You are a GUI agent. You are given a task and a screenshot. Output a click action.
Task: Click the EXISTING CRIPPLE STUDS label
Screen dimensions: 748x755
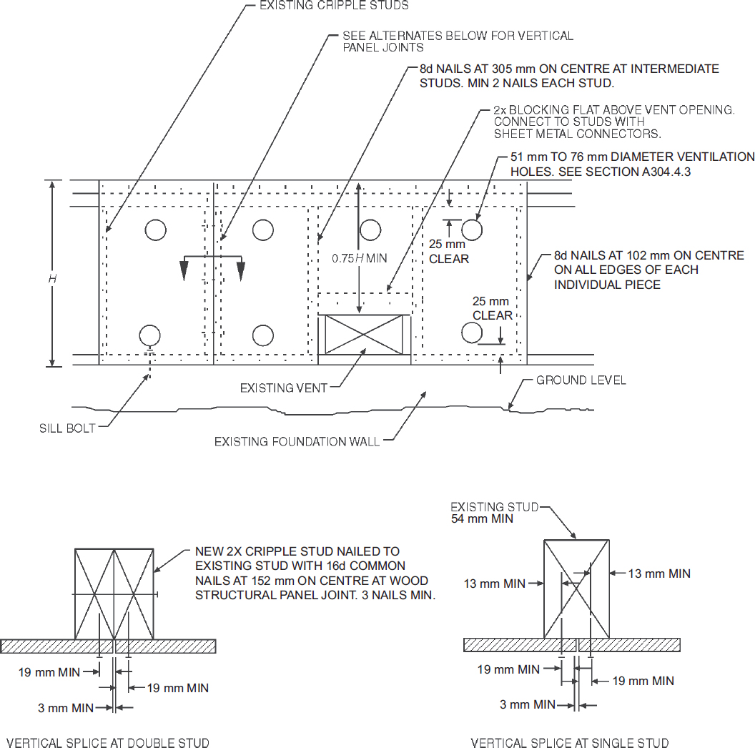[333, 6]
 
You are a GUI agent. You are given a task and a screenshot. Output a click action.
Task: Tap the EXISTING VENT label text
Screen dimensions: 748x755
[283, 388]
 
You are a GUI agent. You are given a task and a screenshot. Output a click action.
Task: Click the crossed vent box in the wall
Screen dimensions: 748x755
[365, 334]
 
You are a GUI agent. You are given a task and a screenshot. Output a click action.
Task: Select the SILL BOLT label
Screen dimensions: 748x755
[67, 429]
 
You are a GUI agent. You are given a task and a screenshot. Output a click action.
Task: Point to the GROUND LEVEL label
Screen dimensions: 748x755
[581, 380]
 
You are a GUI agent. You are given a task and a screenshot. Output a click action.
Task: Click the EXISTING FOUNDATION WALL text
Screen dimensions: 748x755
[297, 442]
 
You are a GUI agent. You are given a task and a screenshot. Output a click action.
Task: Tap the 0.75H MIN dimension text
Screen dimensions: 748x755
[359, 258]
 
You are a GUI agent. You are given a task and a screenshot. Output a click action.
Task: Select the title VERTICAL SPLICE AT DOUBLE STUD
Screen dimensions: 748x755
[108, 743]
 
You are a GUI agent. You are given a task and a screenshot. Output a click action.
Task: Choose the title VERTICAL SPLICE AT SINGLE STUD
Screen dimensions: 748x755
[570, 743]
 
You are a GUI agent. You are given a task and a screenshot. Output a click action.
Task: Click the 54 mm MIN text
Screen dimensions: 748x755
[482, 518]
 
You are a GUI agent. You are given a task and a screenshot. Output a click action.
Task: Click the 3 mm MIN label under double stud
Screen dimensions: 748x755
[66, 708]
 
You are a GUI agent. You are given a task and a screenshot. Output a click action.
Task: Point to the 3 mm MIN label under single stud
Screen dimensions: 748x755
[528, 705]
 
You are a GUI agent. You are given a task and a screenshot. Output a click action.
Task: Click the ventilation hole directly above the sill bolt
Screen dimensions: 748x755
[149, 334]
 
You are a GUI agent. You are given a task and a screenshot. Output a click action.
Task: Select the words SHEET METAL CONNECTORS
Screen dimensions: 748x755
[577, 134]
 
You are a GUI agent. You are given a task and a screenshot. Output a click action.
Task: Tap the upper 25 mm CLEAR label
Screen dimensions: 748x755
[449, 252]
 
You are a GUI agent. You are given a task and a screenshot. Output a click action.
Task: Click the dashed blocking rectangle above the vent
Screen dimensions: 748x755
[365, 303]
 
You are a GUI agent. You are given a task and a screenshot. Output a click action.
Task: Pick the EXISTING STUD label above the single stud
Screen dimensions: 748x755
[494, 507]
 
